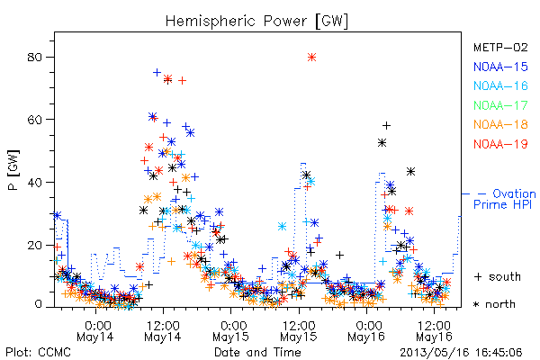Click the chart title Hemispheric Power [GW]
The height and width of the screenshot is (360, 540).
tap(256, 21)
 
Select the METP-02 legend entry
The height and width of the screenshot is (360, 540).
tap(500, 47)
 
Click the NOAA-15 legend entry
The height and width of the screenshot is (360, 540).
tap(500, 67)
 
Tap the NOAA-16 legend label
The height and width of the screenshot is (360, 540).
tap(500, 85)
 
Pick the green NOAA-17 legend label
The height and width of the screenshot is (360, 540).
tap(500, 105)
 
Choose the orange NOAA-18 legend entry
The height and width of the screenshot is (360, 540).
tap(500, 124)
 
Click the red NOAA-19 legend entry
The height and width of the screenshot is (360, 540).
tap(500, 144)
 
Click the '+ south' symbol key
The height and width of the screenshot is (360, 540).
tap(498, 276)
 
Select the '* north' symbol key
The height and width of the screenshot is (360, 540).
tap(494, 304)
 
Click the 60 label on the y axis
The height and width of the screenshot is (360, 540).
tap(34, 120)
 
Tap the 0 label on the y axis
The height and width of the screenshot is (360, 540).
tap(38, 304)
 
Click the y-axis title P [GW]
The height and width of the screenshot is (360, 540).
tap(13, 170)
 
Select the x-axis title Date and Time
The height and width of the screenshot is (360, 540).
tap(257, 353)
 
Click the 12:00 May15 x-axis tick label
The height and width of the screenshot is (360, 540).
tap(299, 331)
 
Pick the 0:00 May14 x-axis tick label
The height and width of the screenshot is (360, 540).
tap(95, 331)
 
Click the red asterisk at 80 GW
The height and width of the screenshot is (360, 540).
tap(311, 58)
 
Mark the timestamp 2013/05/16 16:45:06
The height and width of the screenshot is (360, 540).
tap(461, 353)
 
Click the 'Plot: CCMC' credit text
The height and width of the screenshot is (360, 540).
tap(38, 353)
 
